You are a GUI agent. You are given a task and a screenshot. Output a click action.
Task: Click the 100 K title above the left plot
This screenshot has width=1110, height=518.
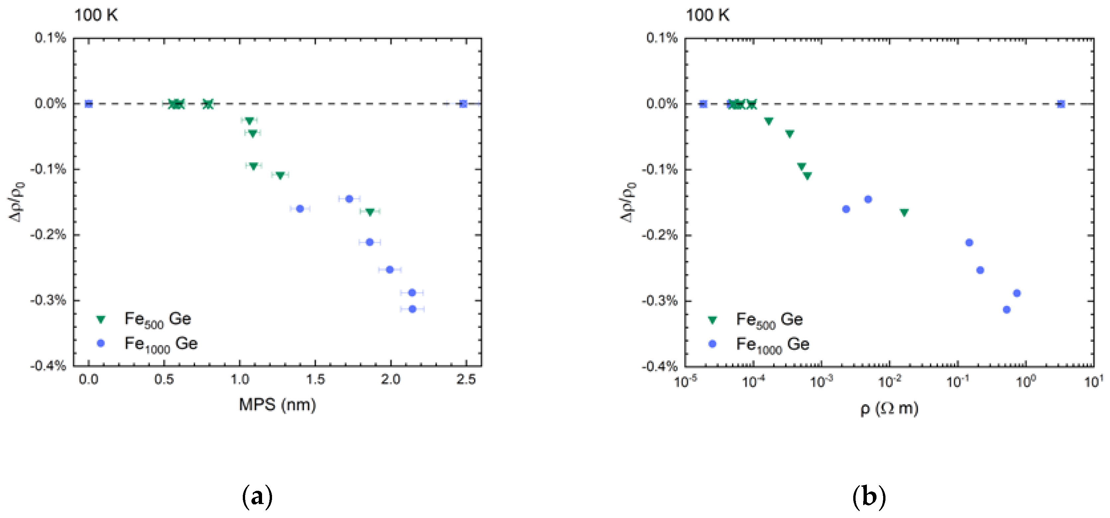[x=96, y=16]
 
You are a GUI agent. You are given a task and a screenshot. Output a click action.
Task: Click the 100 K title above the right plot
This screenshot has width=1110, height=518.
[x=707, y=16]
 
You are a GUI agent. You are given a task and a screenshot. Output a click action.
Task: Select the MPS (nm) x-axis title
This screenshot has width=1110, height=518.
[x=278, y=405]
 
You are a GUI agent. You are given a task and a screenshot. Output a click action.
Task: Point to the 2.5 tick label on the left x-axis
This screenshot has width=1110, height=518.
[x=466, y=380]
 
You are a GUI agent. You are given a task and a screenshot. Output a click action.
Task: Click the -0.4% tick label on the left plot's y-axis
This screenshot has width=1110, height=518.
[x=48, y=366]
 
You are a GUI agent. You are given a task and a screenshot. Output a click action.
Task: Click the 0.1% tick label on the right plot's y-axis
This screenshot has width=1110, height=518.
[x=661, y=38]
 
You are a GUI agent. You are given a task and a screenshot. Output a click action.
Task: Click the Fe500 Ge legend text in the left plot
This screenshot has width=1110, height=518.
[x=158, y=320]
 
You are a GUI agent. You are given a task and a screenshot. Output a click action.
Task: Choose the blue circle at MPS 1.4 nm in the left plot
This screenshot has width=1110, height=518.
[x=300, y=209]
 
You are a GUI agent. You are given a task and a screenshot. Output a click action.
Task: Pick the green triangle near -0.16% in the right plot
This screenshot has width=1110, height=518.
[x=904, y=212]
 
